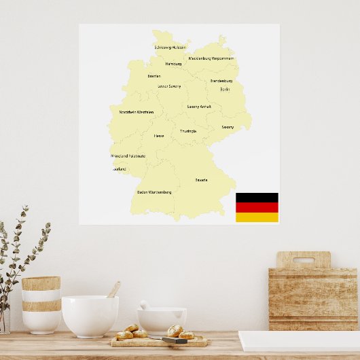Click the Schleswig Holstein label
(x=170, y=48)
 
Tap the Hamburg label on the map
(x=173, y=64)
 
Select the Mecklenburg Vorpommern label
(x=211, y=58)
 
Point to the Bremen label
(x=154, y=76)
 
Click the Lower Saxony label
(x=169, y=86)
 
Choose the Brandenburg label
(x=221, y=81)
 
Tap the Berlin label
(x=225, y=89)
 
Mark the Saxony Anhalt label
(x=199, y=107)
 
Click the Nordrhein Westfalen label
(x=136, y=112)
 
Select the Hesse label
(x=158, y=136)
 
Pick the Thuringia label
(x=188, y=131)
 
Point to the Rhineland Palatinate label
(x=128, y=156)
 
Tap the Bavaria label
(x=202, y=180)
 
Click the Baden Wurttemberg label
(x=154, y=192)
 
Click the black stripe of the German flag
(x=257, y=198)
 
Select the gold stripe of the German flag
(x=257, y=217)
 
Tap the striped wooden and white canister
(x=41, y=304)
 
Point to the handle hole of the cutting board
(x=303, y=260)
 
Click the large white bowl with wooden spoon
(x=90, y=316)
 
